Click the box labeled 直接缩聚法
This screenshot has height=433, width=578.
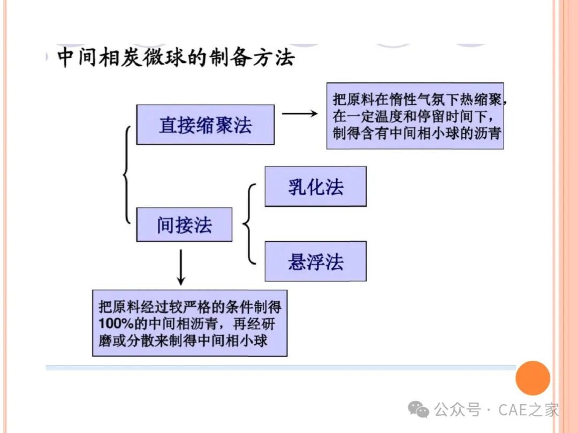coord(206,125)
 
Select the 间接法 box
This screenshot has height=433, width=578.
coord(184,225)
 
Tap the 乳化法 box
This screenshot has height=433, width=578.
coord(316,187)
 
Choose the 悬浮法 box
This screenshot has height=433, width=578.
coord(316,261)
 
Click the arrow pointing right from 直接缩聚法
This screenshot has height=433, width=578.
coord(300,113)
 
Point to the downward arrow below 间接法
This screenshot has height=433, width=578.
coord(181,267)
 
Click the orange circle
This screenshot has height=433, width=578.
coord(533,378)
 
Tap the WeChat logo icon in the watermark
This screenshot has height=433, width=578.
coord(419,409)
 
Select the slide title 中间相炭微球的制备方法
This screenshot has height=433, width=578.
coord(176,57)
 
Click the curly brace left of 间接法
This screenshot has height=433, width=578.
coord(127,175)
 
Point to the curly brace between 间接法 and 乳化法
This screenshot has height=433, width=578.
coord(249,224)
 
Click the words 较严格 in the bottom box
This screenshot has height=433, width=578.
coord(169,307)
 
